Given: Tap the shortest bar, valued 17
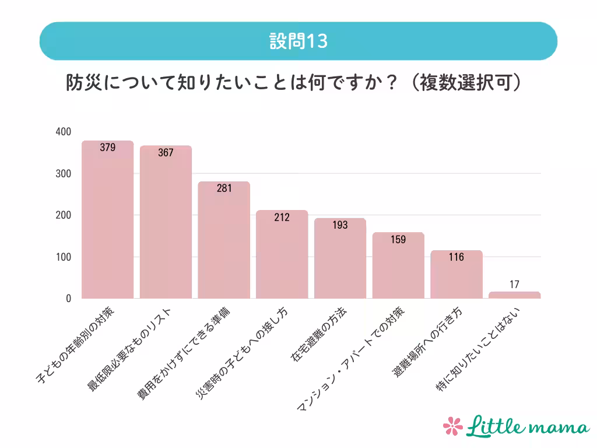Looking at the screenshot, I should click(x=514, y=295).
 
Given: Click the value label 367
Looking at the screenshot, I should click(x=166, y=153).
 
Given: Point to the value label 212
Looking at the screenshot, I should click(x=282, y=218).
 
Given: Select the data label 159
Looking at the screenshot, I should click(x=398, y=239).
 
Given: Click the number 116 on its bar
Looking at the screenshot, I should click(x=456, y=257).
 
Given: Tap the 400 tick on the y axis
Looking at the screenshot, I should click(x=64, y=132).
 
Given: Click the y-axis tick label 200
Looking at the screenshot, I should click(x=64, y=215).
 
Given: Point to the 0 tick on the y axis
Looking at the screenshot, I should click(x=68, y=299).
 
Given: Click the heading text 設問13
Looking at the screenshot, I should click(x=298, y=41).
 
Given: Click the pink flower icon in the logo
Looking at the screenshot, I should click(x=452, y=425).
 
